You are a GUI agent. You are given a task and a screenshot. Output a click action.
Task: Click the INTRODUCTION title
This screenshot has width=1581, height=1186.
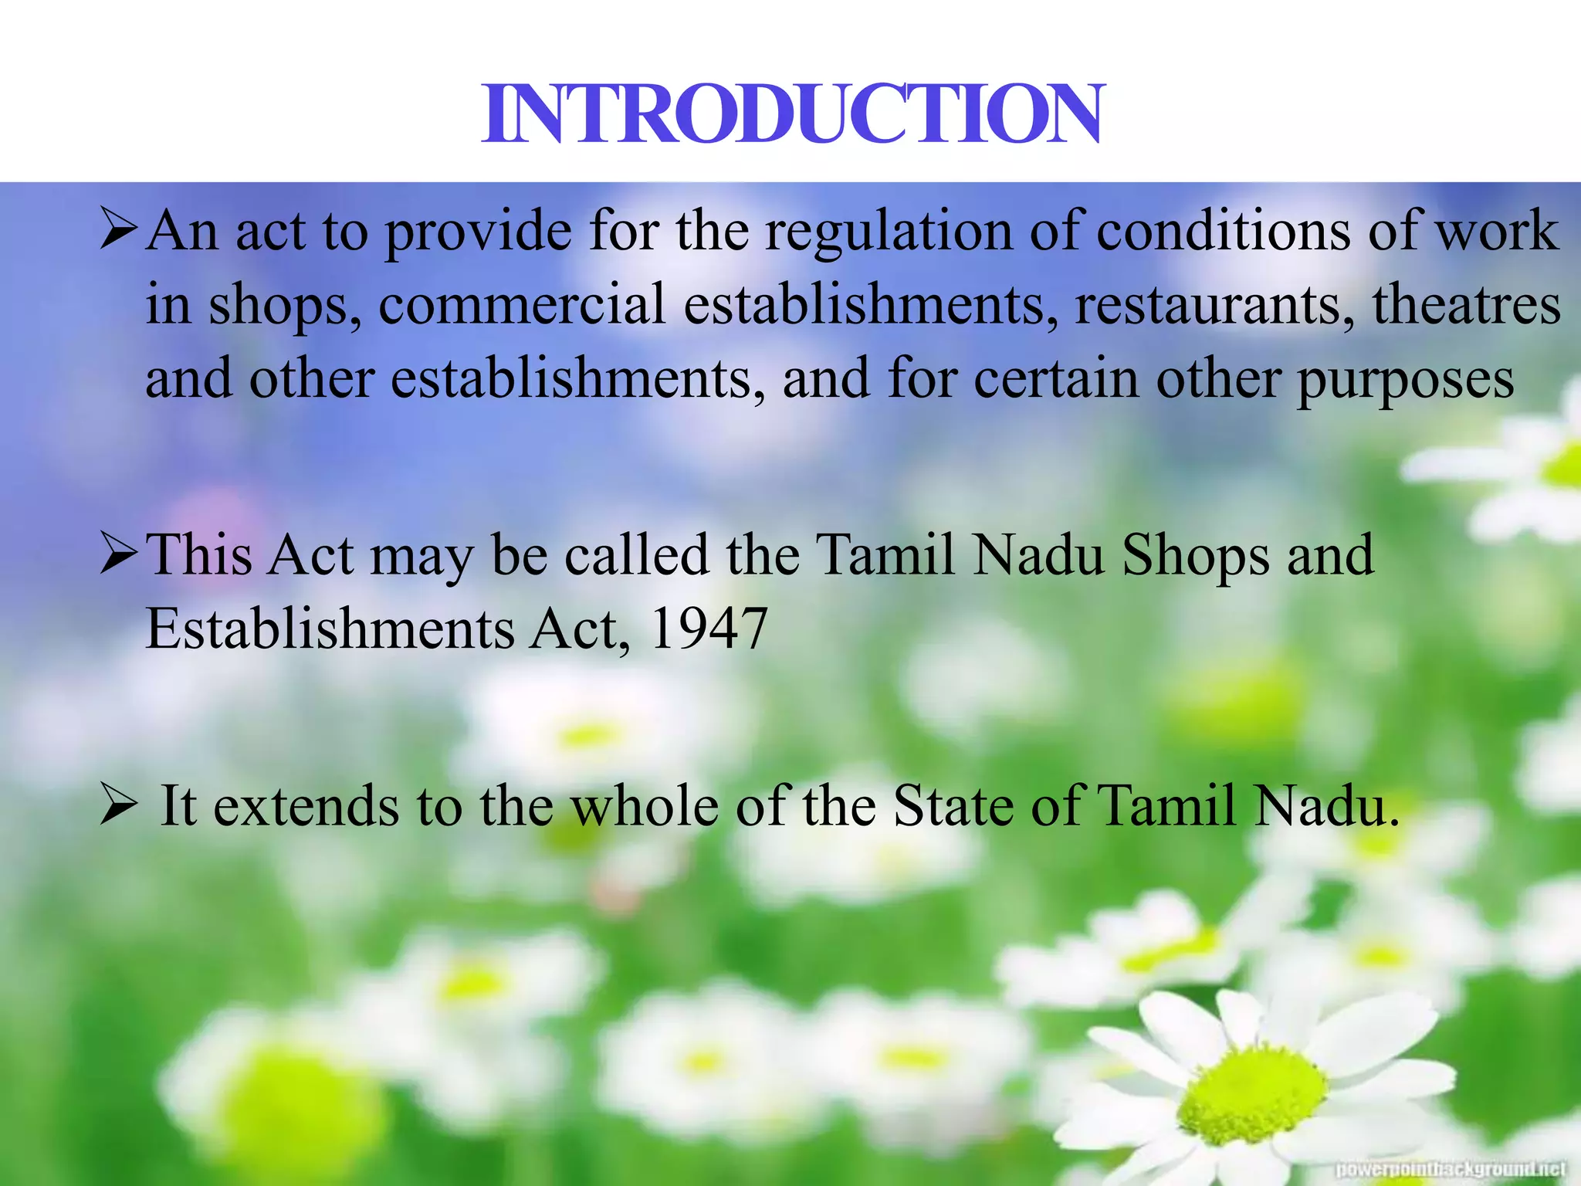(x=793, y=114)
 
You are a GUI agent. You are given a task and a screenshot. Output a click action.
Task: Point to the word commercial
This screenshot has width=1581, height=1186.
(x=522, y=304)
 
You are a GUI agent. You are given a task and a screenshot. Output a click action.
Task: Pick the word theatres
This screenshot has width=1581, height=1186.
(x=1466, y=304)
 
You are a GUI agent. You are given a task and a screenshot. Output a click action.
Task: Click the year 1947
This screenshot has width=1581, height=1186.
(x=709, y=629)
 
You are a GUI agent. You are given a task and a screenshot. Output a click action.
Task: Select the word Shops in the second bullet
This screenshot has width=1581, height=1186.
(x=1195, y=556)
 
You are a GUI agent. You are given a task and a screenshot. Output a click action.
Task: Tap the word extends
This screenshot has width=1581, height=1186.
(x=306, y=806)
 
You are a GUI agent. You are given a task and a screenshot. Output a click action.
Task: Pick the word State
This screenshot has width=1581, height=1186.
(x=953, y=806)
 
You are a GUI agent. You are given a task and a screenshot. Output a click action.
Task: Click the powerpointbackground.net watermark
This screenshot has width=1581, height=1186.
(x=1451, y=1169)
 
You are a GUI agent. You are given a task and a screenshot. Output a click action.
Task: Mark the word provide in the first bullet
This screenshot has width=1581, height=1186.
(x=478, y=232)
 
